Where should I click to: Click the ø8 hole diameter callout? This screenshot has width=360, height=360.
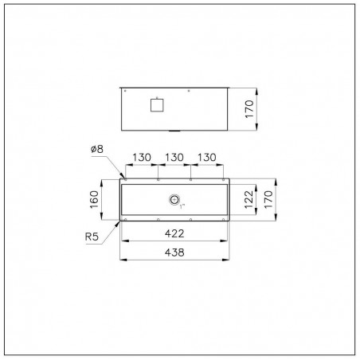[x=97, y=149]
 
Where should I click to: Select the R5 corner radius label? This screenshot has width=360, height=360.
[x=92, y=237]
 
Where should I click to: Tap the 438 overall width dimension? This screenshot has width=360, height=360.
[x=174, y=252]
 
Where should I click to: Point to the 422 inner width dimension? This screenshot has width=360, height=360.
[x=174, y=233]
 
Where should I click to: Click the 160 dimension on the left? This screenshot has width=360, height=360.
[x=94, y=200]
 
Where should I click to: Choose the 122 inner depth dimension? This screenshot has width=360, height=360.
[x=248, y=199]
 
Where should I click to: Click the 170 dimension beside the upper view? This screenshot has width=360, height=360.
[x=249, y=109]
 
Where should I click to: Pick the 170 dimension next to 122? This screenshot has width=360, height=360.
[x=268, y=199]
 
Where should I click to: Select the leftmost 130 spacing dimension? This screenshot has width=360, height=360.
[x=142, y=158]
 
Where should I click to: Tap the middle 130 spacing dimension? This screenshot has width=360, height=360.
[x=174, y=158]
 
